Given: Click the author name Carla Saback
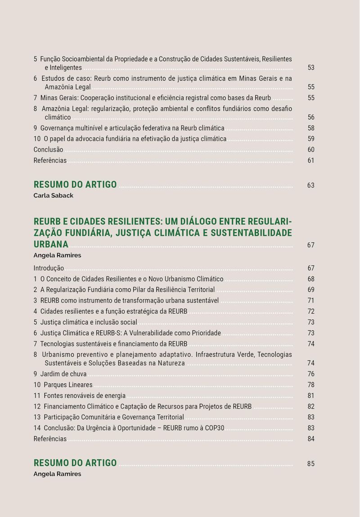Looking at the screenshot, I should pyautogui.click(x=53, y=196).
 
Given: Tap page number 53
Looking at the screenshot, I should pyautogui.click(x=311, y=67).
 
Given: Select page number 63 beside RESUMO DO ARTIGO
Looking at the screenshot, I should pyautogui.click(x=311, y=185).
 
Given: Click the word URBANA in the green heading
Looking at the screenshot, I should pyautogui.click(x=51, y=244).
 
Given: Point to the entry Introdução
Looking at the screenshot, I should pyautogui.click(x=49, y=268).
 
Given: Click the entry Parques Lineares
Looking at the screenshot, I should pyautogui.click(x=68, y=385).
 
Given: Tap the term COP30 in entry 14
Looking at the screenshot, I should pyautogui.click(x=214, y=428).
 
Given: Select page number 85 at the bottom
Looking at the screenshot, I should pyautogui.click(x=311, y=464).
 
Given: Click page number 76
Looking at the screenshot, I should pyautogui.click(x=311, y=374).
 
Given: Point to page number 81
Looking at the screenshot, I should pyautogui.click(x=311, y=396).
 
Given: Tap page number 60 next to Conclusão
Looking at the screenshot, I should pyautogui.click(x=311, y=150).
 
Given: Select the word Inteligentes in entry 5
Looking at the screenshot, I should pyautogui.click(x=66, y=67).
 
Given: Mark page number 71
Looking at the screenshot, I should pyautogui.click(x=311, y=301).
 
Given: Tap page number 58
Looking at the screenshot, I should pyautogui.click(x=311, y=128).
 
